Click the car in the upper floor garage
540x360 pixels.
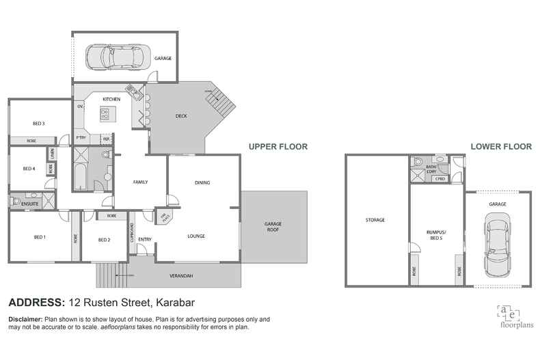tap(115, 57)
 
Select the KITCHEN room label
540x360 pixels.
tap(111, 100)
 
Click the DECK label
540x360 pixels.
tap(181, 116)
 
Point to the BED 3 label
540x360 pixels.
tap(39, 124)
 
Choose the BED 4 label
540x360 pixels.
tap(29, 169)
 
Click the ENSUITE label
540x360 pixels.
tap(29, 203)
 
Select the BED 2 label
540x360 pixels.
tap(104, 240)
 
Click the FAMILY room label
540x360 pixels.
tap(140, 182)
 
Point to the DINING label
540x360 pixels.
tap(202, 182)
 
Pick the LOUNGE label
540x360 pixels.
tap(196, 236)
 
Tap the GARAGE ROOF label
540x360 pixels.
tap(273, 227)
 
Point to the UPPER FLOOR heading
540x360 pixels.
tap(278, 146)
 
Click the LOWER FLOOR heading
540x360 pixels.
tap(501, 146)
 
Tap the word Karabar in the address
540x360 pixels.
tap(176, 303)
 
